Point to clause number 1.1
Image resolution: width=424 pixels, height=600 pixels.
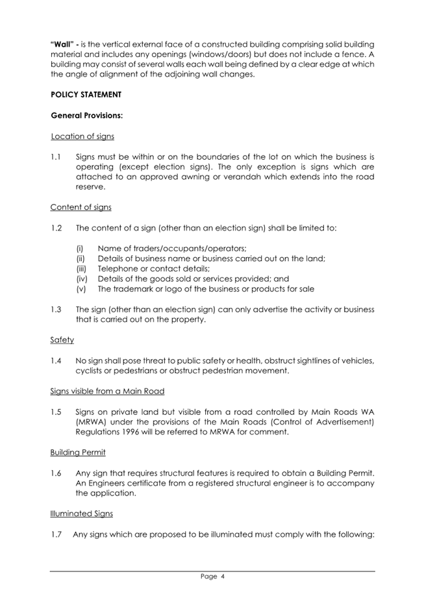[x=56, y=157]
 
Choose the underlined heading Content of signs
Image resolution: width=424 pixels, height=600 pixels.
[x=81, y=207]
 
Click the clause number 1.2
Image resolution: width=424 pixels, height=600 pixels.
[x=56, y=228]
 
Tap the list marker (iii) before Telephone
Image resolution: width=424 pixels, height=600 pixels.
[x=82, y=268]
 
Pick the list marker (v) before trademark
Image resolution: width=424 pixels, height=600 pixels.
[x=81, y=288]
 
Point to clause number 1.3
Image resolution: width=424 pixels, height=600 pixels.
[x=56, y=309]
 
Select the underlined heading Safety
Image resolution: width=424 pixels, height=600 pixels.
[x=62, y=340]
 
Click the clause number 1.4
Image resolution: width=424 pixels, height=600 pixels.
[x=56, y=360]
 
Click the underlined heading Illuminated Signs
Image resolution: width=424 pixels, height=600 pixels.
[x=81, y=513]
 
